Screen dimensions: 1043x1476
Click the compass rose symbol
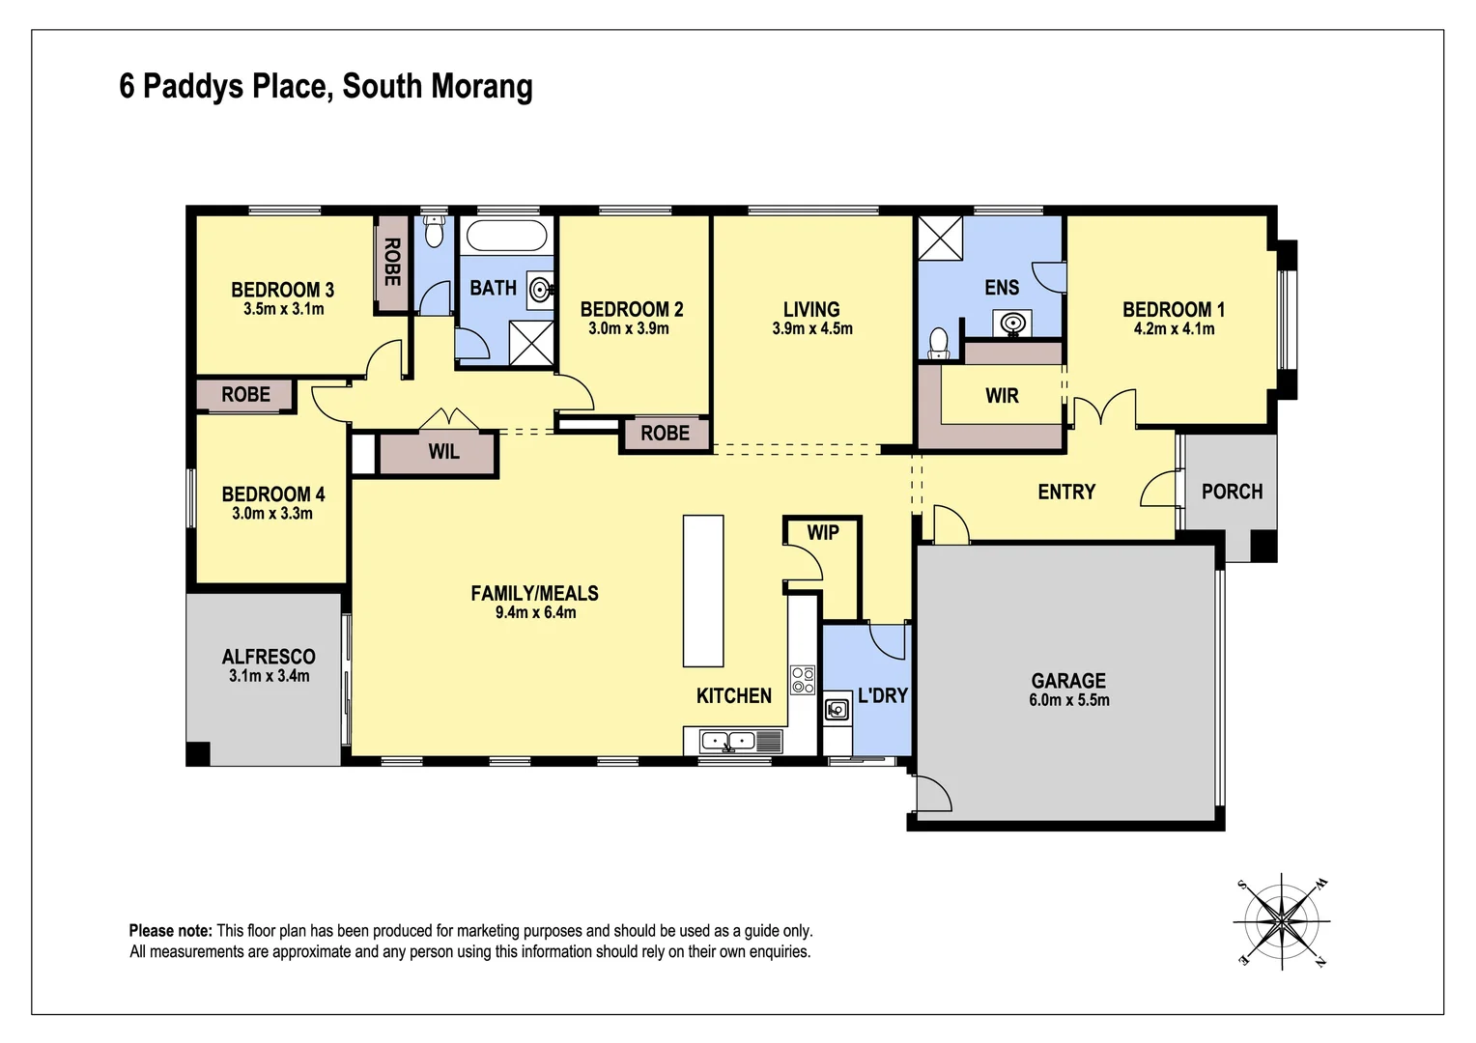[1281, 922]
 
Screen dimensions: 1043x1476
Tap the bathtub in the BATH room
[506, 235]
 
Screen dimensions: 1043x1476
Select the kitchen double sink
[727, 742]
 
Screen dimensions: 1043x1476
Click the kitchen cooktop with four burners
[803, 680]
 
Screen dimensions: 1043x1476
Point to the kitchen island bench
[703, 590]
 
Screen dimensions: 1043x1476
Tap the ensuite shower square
[940, 238]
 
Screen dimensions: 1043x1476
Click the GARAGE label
[1068, 681]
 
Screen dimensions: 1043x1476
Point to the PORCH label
[1232, 492]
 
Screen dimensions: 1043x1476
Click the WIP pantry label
[823, 532]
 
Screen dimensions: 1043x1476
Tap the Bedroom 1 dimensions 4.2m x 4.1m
[1174, 329]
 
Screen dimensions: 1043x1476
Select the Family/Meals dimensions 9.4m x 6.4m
[535, 612]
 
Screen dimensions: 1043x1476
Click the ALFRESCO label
[269, 657]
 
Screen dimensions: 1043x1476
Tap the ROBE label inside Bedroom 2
[665, 434]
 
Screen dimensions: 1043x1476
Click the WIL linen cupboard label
[443, 452]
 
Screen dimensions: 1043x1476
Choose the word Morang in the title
[481, 86]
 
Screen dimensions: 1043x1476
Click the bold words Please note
[170, 931]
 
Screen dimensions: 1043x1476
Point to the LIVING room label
[811, 310]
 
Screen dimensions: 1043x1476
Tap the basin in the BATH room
[540, 288]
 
